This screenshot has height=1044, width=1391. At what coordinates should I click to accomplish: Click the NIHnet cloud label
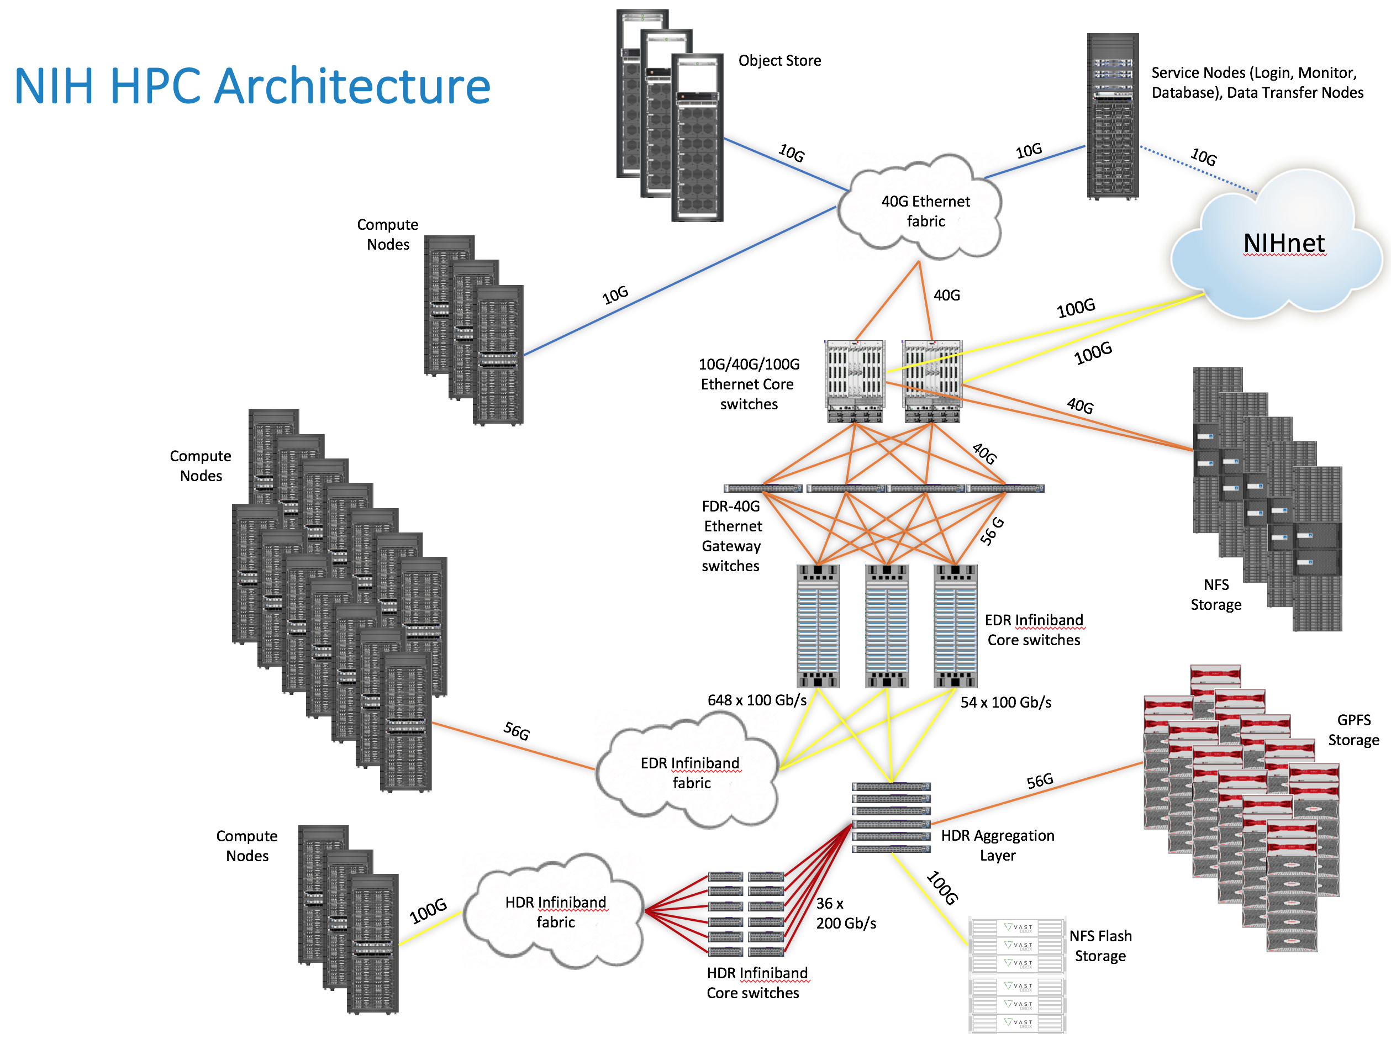tap(1284, 244)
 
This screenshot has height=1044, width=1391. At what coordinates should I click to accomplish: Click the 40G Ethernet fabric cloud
tap(925, 210)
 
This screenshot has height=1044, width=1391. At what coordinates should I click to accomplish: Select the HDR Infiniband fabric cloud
tap(556, 912)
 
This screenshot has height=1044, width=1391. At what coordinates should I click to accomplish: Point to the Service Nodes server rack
tap(1113, 117)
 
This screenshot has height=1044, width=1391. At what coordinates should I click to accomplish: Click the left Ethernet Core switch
tap(855, 381)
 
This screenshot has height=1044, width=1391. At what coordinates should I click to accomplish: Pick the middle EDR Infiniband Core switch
tap(887, 626)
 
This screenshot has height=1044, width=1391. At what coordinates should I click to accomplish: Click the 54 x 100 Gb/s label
tap(1005, 703)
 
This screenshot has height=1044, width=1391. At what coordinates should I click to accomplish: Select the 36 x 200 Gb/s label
tap(845, 913)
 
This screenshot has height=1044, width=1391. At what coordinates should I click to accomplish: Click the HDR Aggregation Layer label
tap(997, 845)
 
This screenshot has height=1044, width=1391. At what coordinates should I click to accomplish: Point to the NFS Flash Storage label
tap(1100, 946)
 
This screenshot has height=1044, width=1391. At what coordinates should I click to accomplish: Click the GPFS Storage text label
tap(1353, 730)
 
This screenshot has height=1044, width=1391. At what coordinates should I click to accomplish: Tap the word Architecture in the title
tap(352, 86)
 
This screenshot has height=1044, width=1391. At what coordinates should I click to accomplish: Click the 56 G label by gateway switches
tap(992, 531)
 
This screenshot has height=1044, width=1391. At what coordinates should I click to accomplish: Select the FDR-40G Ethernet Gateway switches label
tap(731, 536)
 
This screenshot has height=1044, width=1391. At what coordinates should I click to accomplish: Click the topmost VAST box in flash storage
tap(1018, 927)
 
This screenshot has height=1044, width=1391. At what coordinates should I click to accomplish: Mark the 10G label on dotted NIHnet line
tap(1204, 157)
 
